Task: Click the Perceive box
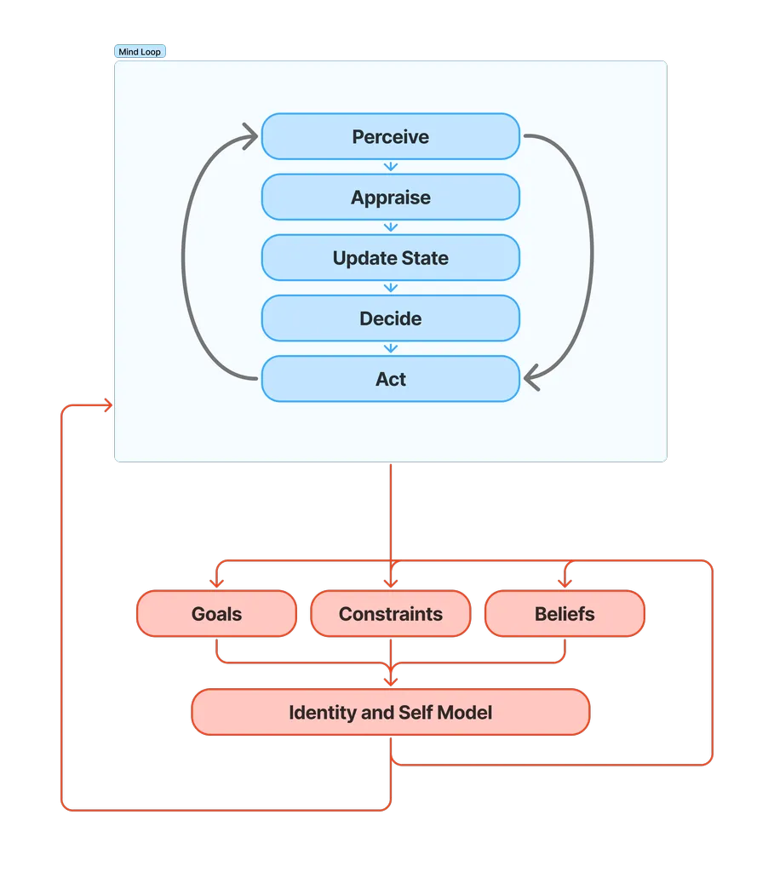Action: coord(390,136)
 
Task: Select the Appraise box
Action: coord(390,198)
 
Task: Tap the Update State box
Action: coord(390,258)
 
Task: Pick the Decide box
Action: coord(390,318)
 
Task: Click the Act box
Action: coord(390,379)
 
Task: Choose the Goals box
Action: coord(216,614)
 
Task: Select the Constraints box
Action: coord(390,614)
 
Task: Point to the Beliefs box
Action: coord(565,614)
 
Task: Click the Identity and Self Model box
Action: coord(390,712)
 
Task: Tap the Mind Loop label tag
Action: coord(140,52)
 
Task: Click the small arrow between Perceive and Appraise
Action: coord(391,167)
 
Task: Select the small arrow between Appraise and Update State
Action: coord(391,227)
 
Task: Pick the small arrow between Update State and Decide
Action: coord(391,288)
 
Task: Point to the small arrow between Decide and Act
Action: coord(391,348)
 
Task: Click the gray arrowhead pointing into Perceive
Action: coord(251,135)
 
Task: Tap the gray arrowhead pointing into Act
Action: coord(531,379)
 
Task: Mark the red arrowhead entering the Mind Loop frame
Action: coord(108,406)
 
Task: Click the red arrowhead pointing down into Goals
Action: coord(216,583)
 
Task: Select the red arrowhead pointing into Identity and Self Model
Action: coord(391,680)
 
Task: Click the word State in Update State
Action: coord(421,258)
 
